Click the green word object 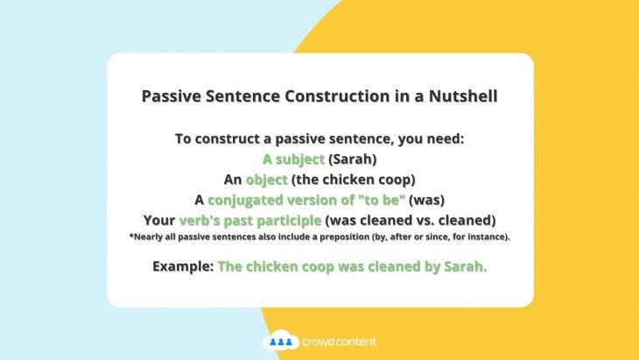click(266, 180)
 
